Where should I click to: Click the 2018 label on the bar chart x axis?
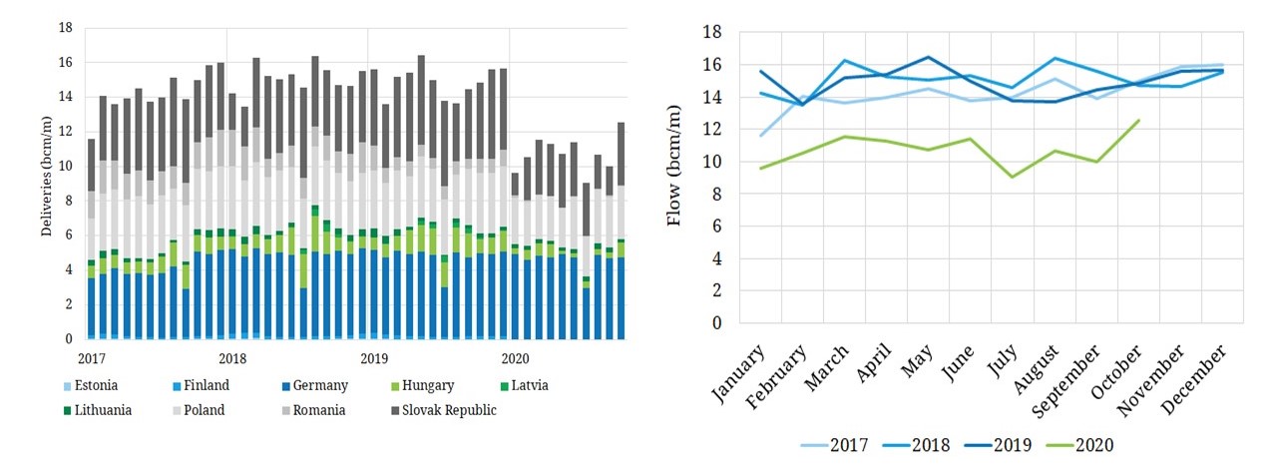232,357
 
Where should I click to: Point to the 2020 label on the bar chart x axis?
515,357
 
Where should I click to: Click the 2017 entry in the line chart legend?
849,445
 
